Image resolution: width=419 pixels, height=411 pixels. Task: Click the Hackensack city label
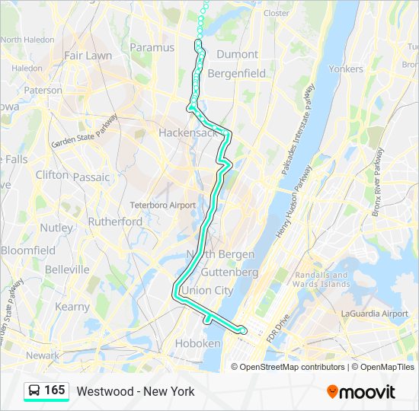[x=187, y=132]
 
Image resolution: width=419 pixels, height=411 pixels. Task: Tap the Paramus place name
[x=152, y=47]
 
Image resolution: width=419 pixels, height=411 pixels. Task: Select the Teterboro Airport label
[x=162, y=205]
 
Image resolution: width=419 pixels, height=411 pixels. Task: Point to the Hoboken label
[x=199, y=344]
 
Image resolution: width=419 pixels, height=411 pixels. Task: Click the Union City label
[x=207, y=291]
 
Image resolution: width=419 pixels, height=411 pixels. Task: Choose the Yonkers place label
[x=345, y=68]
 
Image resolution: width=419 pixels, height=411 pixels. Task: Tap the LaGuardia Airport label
[x=375, y=314]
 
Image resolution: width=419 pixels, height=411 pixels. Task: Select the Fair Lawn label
[x=88, y=56]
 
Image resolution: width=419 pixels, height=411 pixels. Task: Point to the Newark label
[x=42, y=355]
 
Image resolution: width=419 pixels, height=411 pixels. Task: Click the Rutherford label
[x=114, y=221]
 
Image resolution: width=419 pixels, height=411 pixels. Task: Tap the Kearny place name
[x=72, y=307]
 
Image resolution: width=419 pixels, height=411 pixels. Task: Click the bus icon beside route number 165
[x=34, y=391]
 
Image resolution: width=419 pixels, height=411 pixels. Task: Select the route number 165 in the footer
[x=54, y=390]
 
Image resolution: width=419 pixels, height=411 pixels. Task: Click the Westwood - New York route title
[x=136, y=392]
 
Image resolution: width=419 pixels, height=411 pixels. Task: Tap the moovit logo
[x=361, y=392]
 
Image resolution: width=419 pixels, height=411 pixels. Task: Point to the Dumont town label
[x=237, y=55]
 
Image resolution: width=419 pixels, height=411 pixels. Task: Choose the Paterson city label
[x=43, y=90]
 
